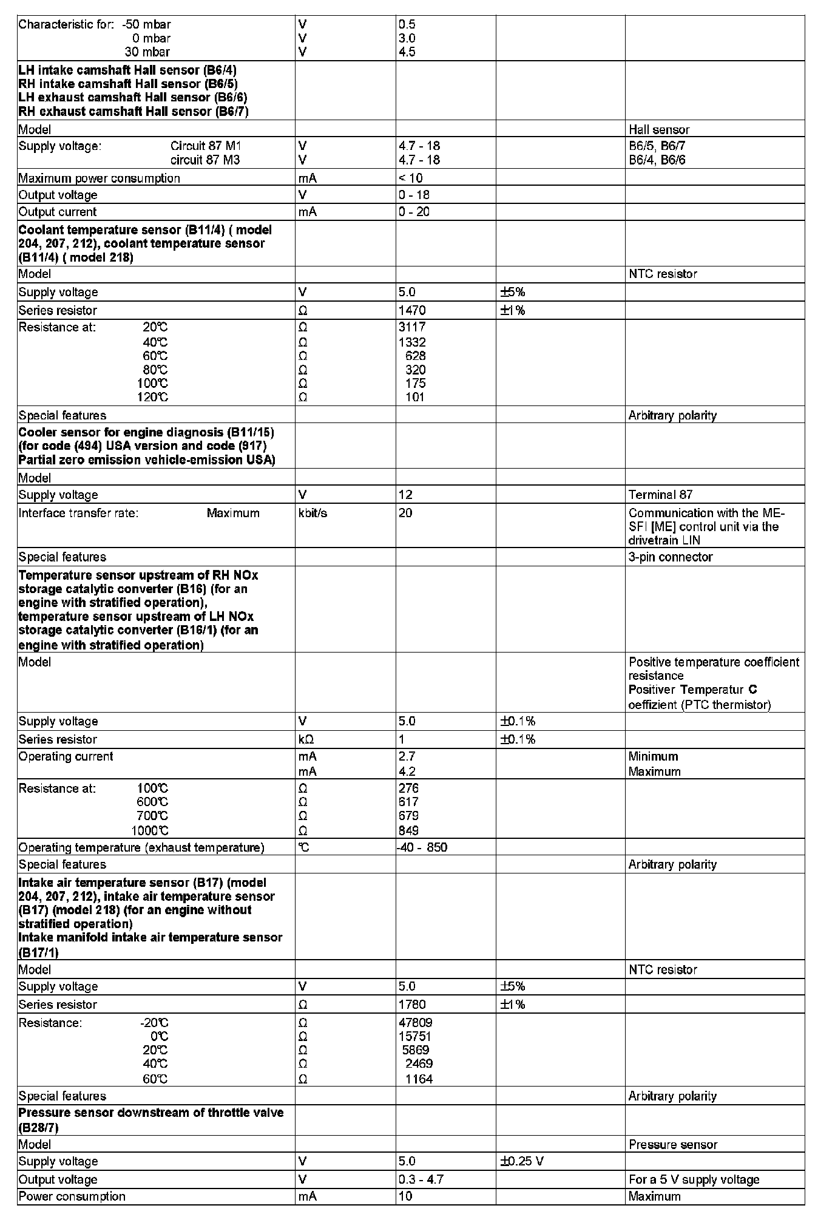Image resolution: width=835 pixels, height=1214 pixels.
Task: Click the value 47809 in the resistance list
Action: point(415,1023)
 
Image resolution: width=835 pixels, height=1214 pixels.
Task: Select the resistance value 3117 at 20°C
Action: point(412,327)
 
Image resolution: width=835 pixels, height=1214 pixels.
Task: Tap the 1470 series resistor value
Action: point(412,310)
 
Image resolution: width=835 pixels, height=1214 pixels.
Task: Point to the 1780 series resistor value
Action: point(412,1005)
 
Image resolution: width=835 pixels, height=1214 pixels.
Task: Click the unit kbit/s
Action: point(313,513)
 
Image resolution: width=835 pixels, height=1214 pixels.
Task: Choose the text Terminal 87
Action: point(660,495)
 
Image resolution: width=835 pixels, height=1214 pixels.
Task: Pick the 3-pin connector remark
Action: point(671,557)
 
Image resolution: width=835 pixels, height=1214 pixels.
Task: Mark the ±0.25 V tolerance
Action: point(521,1161)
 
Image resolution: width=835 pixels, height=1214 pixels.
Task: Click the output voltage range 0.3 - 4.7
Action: point(421,1179)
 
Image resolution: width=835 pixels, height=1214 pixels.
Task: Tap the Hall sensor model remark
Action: point(659,129)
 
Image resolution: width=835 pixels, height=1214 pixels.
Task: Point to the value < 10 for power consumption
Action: point(411,178)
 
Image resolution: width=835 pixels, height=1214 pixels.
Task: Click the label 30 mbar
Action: point(147,52)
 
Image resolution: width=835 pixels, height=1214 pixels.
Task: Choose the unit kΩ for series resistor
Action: point(306,739)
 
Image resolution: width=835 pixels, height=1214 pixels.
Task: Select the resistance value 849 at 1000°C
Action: point(408,830)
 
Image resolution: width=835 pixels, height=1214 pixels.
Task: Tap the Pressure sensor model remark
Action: point(673,1144)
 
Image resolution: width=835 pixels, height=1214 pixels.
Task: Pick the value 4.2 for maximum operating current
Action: point(407,771)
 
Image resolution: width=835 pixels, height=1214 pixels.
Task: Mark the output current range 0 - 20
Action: point(414,212)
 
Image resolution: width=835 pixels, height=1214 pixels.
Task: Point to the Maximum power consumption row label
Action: point(99,178)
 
